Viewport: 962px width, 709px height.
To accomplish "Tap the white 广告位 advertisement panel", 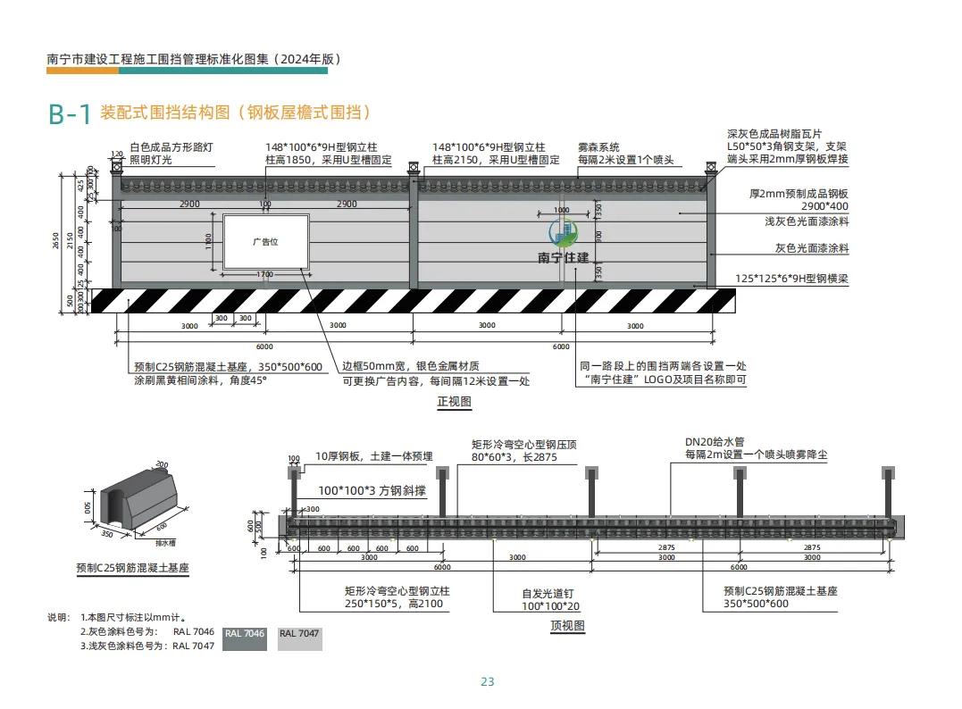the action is click(x=265, y=241).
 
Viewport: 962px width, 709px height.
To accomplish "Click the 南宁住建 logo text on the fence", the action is click(x=564, y=258).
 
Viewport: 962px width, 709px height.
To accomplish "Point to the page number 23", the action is click(x=488, y=682).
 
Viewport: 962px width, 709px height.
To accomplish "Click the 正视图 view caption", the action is click(x=453, y=402).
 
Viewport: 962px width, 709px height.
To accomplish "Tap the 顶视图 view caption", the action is click(x=567, y=626).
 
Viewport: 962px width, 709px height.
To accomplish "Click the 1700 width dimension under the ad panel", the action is click(x=265, y=274).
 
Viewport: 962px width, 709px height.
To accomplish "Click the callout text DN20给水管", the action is click(x=715, y=441).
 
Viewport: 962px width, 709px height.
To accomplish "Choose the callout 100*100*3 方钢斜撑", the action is click(x=372, y=491).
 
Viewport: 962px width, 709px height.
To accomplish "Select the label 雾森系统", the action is click(x=598, y=146).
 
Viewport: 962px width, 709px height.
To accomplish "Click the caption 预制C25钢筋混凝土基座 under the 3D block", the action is click(x=132, y=568).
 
